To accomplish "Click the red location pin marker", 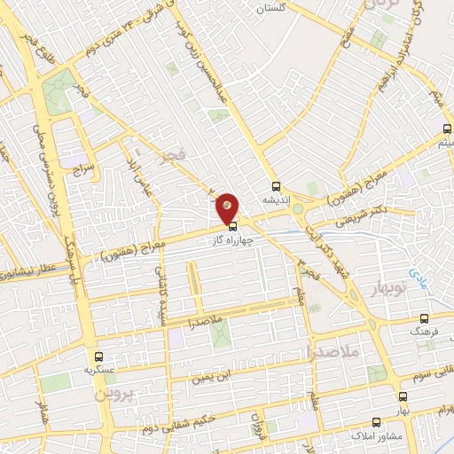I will pyautogui.click(x=228, y=207).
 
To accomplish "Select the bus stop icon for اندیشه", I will pyautogui.click(x=275, y=187).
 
